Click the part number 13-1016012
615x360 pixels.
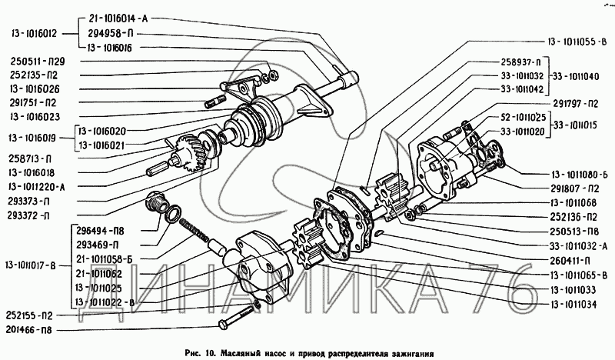coord(34,34)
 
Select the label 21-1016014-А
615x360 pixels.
coord(118,18)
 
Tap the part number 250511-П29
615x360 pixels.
coord(38,62)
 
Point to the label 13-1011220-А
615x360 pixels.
coord(36,187)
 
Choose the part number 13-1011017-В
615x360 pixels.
coord(31,266)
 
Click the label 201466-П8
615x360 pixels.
coord(28,330)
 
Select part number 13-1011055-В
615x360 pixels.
coord(577,42)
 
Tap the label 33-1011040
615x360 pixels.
coord(576,76)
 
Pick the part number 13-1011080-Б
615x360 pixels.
coord(580,175)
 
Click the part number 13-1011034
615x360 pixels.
coord(573,305)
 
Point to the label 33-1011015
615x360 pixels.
coord(575,125)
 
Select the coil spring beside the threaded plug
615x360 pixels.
coord(195,231)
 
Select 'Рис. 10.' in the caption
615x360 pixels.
coord(201,352)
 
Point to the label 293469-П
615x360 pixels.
coord(98,245)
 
